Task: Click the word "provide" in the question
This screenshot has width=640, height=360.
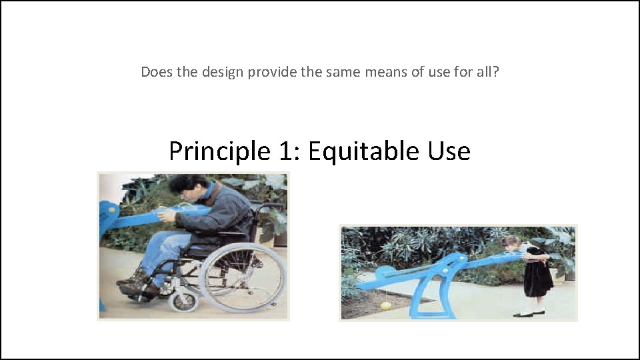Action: tap(273, 71)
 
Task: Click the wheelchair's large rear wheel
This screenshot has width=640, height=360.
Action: tap(242, 277)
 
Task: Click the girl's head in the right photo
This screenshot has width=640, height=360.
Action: tap(511, 243)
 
